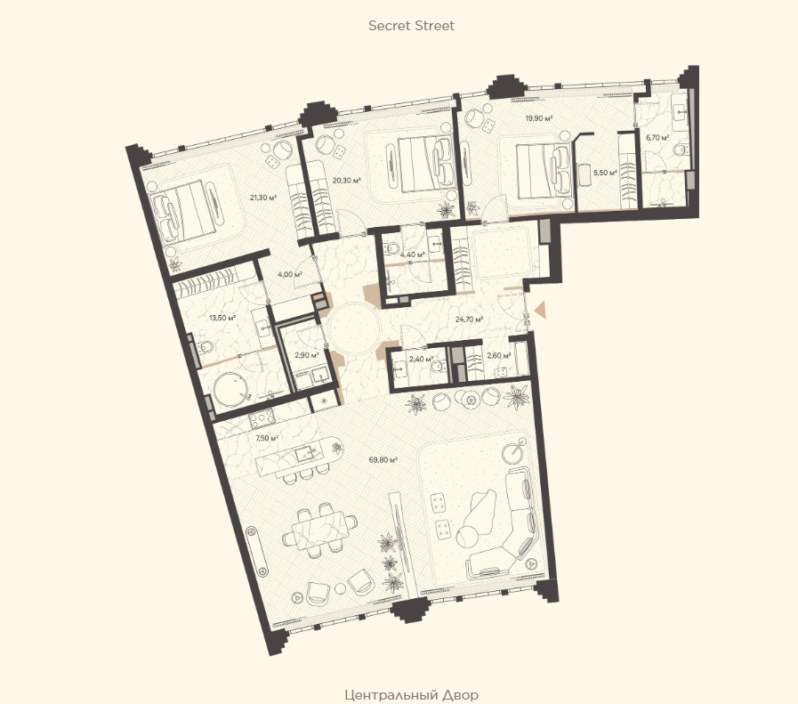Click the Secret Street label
[411, 26]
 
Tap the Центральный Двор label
[411, 695]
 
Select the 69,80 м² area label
[383, 460]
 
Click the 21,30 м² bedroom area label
[262, 198]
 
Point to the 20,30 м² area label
[347, 180]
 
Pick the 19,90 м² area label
[539, 118]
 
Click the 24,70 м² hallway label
[469, 320]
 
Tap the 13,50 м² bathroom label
[222, 318]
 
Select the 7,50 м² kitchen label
[267, 438]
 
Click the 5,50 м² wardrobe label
[605, 173]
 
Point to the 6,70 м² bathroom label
[657, 137]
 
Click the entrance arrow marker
[540, 310]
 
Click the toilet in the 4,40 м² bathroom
[393, 249]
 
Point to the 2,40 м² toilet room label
[421, 359]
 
